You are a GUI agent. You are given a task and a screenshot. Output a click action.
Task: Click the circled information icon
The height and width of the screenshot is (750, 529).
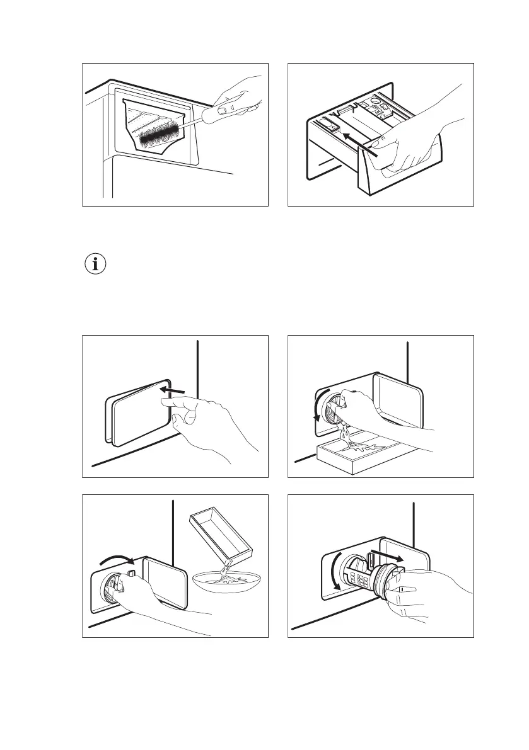(96, 264)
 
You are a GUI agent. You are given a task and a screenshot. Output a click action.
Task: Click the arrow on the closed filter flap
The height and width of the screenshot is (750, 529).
(171, 392)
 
